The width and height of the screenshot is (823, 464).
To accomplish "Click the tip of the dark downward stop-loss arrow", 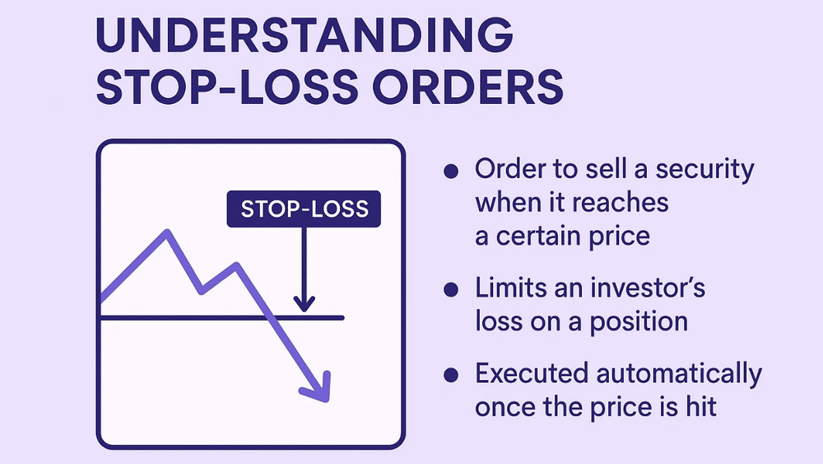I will [305, 310].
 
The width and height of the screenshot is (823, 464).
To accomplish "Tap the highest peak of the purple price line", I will [167, 232].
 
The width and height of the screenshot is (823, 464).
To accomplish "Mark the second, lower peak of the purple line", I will [237, 265].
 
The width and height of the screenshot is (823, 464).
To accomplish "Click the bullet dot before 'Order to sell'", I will [450, 171].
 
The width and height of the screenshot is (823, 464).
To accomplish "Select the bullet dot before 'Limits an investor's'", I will [450, 289].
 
